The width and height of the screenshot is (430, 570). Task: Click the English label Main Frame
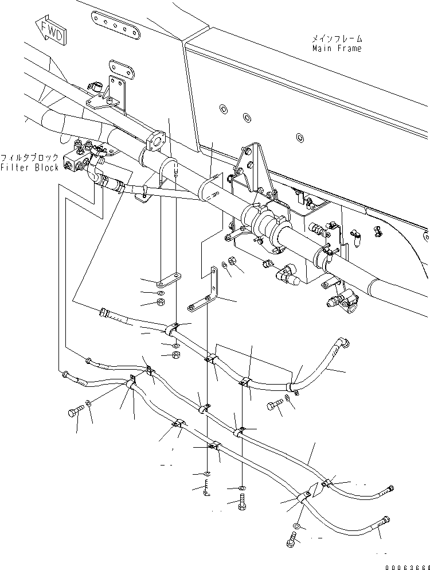pyautogui.click(x=337, y=49)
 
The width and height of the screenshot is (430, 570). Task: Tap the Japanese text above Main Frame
pyautogui.click(x=337, y=39)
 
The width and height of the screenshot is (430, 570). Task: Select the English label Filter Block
pyautogui.click(x=29, y=168)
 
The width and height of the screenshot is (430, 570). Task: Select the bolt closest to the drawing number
pyautogui.click(x=291, y=539)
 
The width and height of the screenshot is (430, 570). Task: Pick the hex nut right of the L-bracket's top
pyautogui.click(x=233, y=261)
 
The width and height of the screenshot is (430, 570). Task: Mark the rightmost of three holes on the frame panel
pyautogui.click(x=299, y=136)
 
